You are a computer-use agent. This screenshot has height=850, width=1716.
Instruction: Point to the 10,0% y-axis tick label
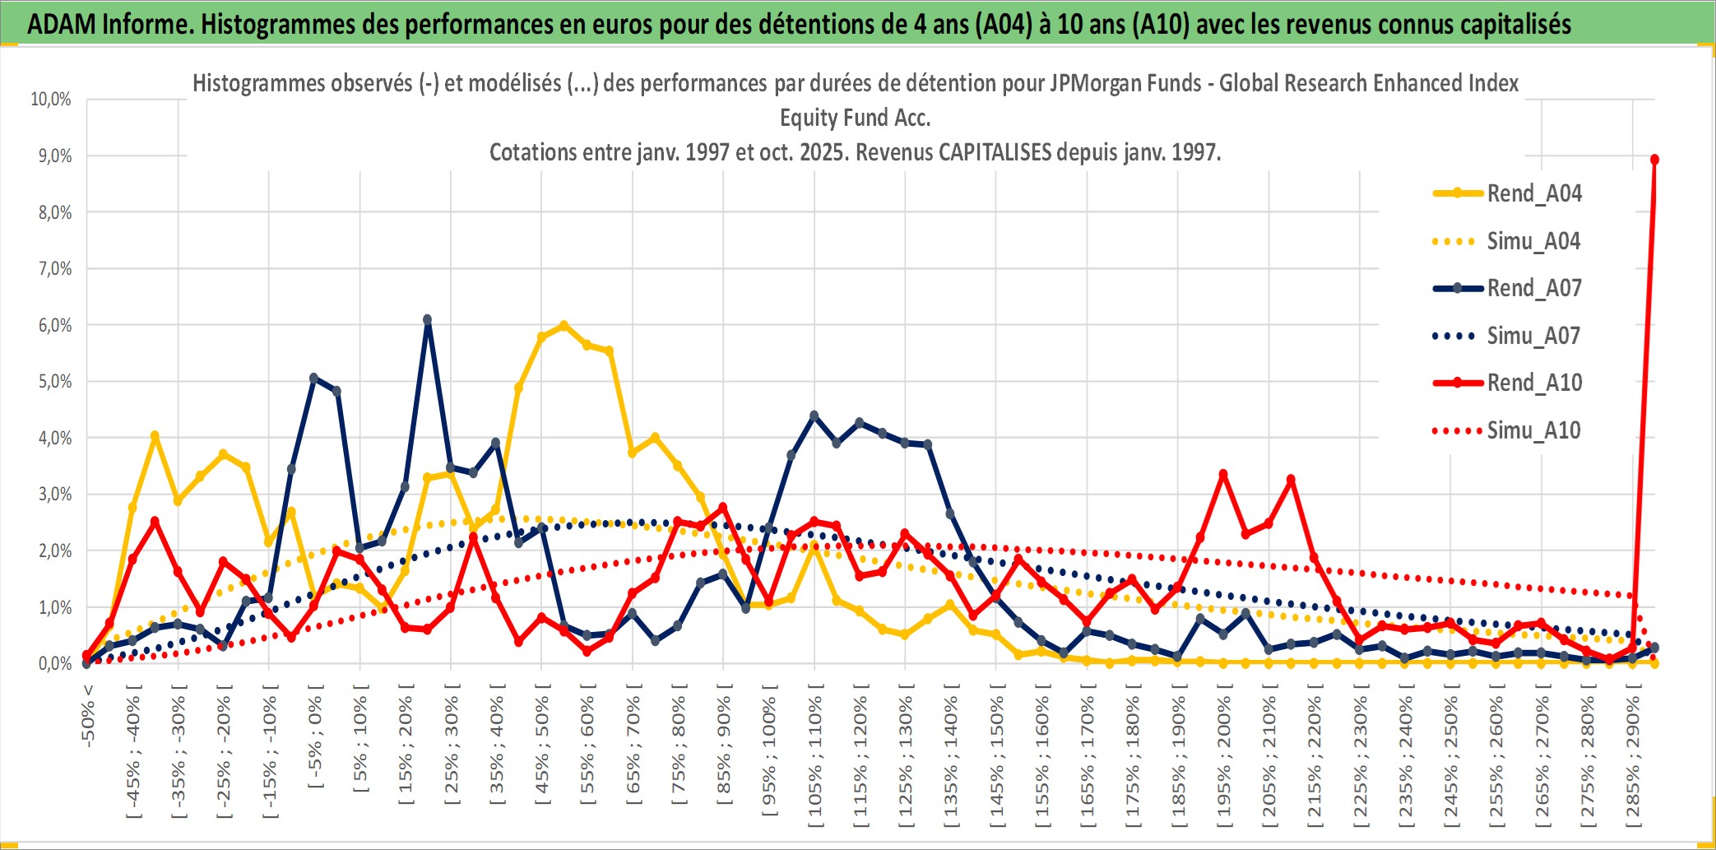(51, 100)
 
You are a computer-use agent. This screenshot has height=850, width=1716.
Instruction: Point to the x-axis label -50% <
(88, 716)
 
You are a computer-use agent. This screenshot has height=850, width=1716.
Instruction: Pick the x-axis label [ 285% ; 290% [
(1633, 760)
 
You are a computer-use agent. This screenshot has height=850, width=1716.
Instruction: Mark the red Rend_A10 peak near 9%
(1654, 160)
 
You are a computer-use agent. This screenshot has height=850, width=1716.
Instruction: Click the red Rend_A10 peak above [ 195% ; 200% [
(1223, 474)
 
